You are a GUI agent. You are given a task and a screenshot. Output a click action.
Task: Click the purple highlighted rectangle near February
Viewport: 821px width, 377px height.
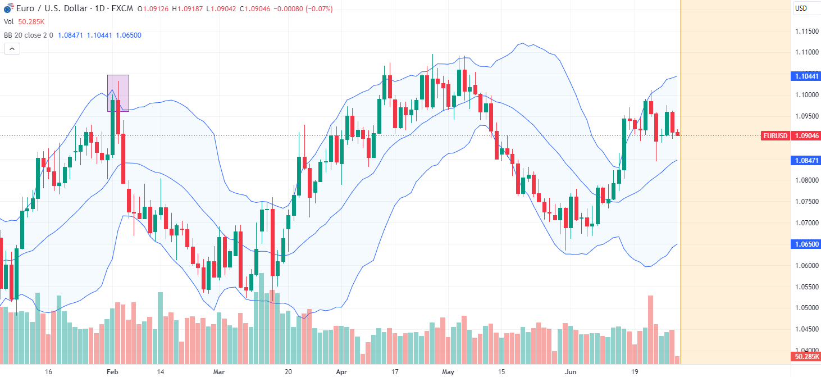pos(118,93)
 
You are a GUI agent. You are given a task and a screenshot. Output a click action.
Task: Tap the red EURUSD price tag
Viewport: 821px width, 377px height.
pos(776,135)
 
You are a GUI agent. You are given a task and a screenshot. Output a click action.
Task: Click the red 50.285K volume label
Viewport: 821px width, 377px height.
pos(806,357)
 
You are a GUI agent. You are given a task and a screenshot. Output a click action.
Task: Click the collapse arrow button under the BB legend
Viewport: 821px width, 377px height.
pos(12,49)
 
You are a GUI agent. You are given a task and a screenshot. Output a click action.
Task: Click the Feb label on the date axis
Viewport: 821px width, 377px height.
pos(111,372)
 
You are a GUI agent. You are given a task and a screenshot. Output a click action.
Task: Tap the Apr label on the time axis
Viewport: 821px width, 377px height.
pos(341,372)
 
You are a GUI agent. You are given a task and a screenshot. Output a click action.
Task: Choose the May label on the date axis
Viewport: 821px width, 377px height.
pos(448,372)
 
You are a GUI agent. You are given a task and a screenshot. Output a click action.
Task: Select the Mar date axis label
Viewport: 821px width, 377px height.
pos(218,372)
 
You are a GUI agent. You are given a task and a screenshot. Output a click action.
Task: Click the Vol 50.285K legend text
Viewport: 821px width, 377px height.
pos(24,22)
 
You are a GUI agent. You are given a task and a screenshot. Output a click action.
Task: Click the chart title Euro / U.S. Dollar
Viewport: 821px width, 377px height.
pos(48,8)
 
